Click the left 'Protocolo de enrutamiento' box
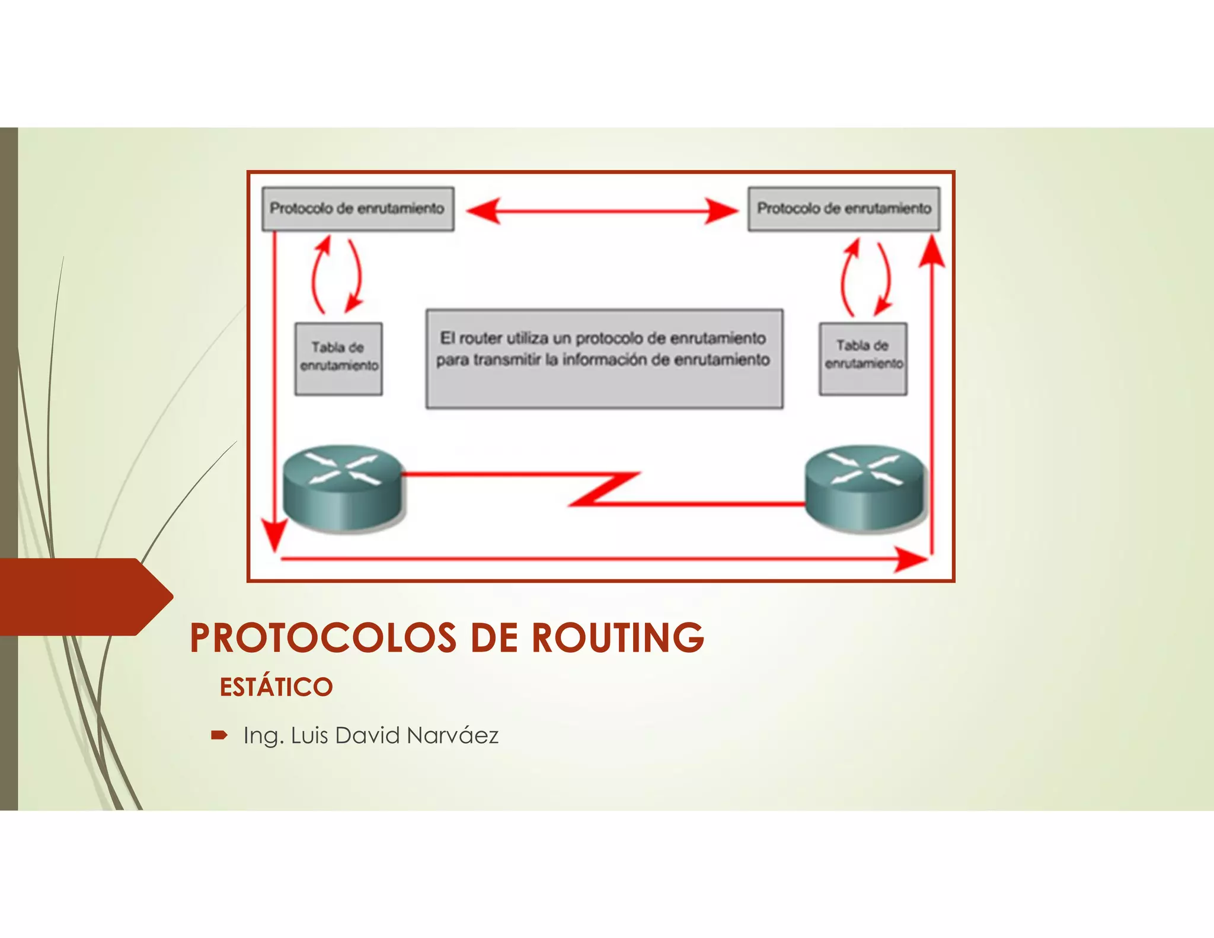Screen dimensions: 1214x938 pyautogui.click(x=358, y=209)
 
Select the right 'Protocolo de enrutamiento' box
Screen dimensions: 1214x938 pyautogui.click(x=844, y=209)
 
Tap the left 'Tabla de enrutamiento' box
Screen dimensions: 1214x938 pyautogui.click(x=338, y=358)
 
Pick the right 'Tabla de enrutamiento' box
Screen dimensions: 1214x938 pyautogui.click(x=863, y=358)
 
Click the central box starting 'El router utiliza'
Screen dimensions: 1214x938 pyautogui.click(x=604, y=358)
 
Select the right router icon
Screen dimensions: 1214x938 pyautogui.click(x=865, y=487)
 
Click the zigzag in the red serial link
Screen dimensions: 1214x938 pyautogui.click(x=605, y=489)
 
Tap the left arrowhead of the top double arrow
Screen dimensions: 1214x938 pyautogui.click(x=483, y=210)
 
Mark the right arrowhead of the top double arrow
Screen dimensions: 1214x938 pyautogui.click(x=721, y=210)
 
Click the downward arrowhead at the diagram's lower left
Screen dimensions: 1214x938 pyautogui.click(x=274, y=537)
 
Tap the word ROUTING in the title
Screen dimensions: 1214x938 pyautogui.click(x=618, y=638)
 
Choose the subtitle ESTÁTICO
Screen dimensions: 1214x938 pyautogui.click(x=276, y=687)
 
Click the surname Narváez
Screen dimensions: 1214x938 pyautogui.click(x=453, y=736)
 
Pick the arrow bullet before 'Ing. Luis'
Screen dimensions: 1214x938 pyautogui.click(x=219, y=736)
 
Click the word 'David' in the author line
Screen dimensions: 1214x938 pyautogui.click(x=367, y=736)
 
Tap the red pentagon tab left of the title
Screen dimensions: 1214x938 pyautogui.click(x=83, y=596)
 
